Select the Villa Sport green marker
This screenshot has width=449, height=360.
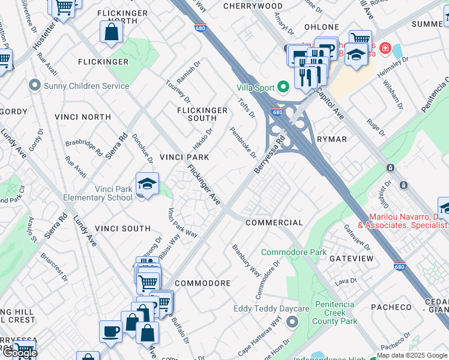(283, 86)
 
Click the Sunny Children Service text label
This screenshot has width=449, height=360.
(86, 86)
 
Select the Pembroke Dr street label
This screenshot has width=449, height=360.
(243, 142)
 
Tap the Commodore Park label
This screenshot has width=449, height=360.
(294, 253)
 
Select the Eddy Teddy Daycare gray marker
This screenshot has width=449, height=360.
(292, 323)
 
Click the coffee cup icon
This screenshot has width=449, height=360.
(111, 331)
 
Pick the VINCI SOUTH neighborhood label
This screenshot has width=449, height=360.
(122, 229)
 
